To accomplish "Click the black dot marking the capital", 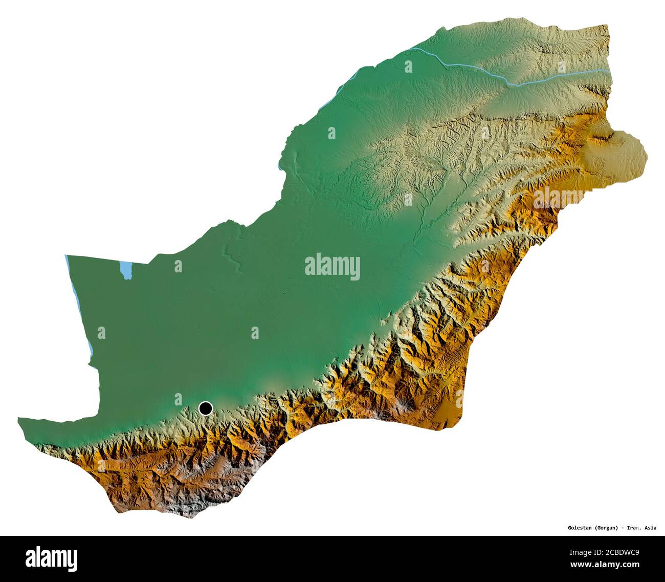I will tap(205, 408).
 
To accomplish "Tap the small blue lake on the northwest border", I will tap(124, 270).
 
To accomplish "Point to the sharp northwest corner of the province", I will tap(66, 255).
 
